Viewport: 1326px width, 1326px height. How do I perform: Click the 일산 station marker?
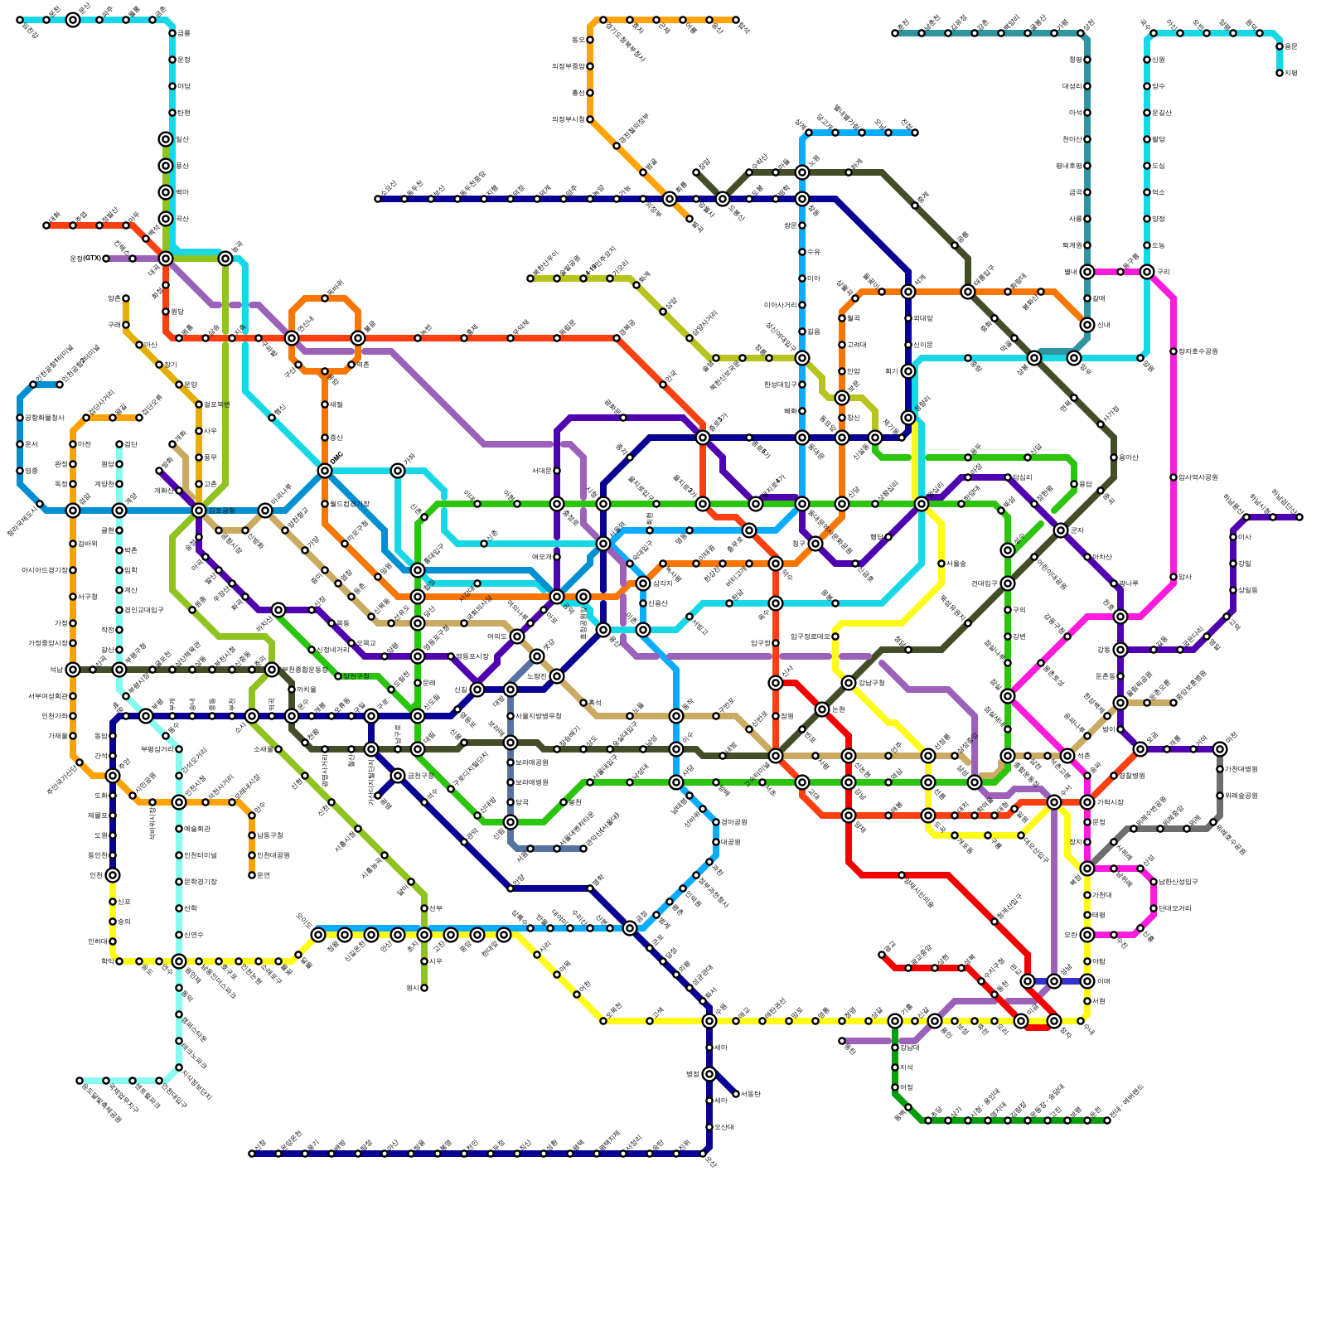pos(166,139)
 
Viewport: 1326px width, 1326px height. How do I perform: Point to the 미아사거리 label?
pos(779,305)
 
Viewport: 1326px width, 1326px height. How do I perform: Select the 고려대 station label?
pos(857,345)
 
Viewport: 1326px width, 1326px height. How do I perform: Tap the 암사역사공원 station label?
pos(1198,477)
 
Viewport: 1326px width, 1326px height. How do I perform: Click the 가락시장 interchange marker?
pos(1087,802)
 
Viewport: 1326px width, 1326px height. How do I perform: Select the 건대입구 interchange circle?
pos(1008,583)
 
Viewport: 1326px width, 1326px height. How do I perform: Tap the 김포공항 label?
pos(221,511)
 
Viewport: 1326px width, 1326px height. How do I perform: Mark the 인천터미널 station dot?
pos(179,855)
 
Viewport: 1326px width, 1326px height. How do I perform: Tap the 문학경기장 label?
pos(200,882)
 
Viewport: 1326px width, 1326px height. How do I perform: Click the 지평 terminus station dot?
pos(1280,73)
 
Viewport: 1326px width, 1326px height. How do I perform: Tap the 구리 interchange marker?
pos(1147,272)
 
